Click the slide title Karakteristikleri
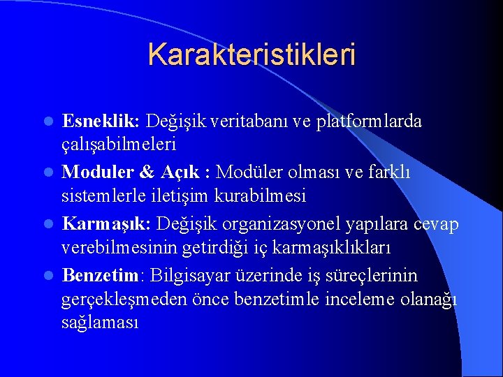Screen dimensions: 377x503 pos(251,54)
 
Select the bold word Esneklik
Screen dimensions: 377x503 pos(100,121)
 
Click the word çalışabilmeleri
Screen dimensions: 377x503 pos(119,145)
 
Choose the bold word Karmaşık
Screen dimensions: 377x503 pos(105,223)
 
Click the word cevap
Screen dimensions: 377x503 pos(434,223)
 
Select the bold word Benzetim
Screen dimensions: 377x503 pos(101,274)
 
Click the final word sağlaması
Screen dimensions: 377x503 pos(101,323)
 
